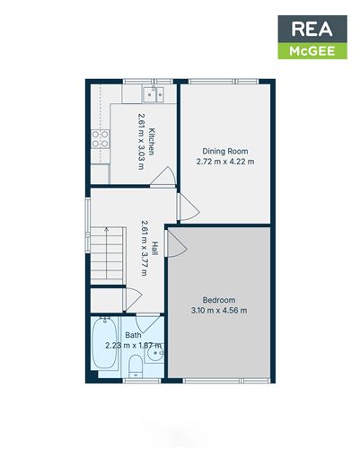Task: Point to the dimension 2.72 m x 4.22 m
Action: (225, 162)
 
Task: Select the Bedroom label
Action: (219, 300)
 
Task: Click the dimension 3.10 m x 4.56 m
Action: (219, 311)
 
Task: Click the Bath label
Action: (133, 335)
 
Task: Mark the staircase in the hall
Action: (106, 253)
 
